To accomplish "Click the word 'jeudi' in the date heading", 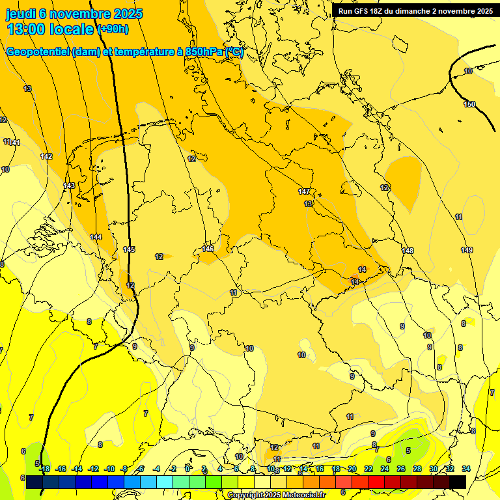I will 21,14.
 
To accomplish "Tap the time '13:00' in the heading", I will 25,29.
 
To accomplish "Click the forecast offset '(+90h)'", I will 113,29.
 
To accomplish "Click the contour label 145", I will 129,249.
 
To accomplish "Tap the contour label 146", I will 208,249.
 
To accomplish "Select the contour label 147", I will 304,191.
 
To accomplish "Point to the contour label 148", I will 408,251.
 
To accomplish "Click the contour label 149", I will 467,251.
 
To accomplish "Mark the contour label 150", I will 469,104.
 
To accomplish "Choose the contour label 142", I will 46,156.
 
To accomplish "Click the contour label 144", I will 96,237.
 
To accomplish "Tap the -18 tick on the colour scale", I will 44,469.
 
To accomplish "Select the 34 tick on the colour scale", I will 466,469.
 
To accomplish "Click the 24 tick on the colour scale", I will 385,469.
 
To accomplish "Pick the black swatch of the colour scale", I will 457,481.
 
